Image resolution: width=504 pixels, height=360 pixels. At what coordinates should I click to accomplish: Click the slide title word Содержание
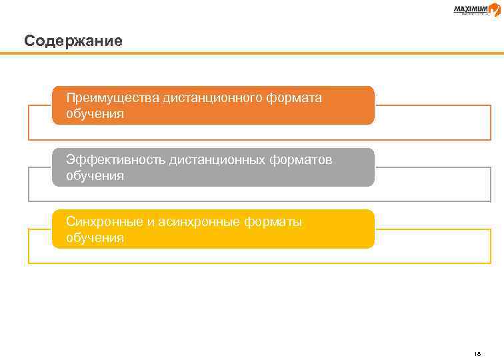coord(73,41)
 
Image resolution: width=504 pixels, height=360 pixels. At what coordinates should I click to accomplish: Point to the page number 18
coord(477,335)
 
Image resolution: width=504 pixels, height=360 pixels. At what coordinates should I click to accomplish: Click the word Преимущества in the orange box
coord(112,98)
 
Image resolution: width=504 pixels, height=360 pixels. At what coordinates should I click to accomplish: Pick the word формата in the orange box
coord(294,98)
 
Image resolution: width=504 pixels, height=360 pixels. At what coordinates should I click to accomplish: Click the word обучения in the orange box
coord(95,114)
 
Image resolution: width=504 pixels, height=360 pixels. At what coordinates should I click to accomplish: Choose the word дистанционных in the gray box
coord(218,160)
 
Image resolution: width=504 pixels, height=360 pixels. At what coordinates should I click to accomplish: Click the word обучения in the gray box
coord(95,176)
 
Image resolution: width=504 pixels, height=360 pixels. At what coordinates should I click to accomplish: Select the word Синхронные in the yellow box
coord(105,222)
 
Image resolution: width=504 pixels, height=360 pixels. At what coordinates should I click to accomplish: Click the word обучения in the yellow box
coord(95,238)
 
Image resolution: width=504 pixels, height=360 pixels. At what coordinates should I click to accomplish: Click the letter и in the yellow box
coord(152,223)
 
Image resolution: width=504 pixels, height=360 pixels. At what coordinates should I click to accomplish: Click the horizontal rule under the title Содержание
coord(252,54)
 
